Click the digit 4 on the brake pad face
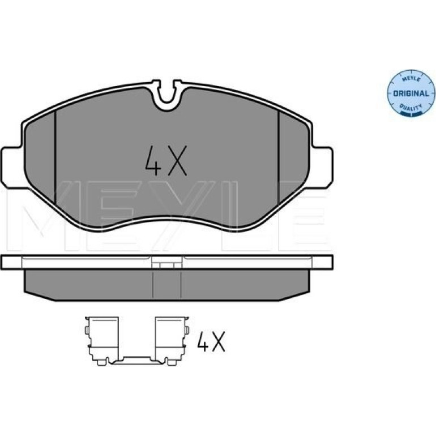tap(153, 161)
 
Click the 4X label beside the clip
tap(211, 341)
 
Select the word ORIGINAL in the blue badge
tap(411, 93)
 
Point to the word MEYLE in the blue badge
tap(412, 79)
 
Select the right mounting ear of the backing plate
tap(322, 168)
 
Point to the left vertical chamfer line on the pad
tap(55, 157)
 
